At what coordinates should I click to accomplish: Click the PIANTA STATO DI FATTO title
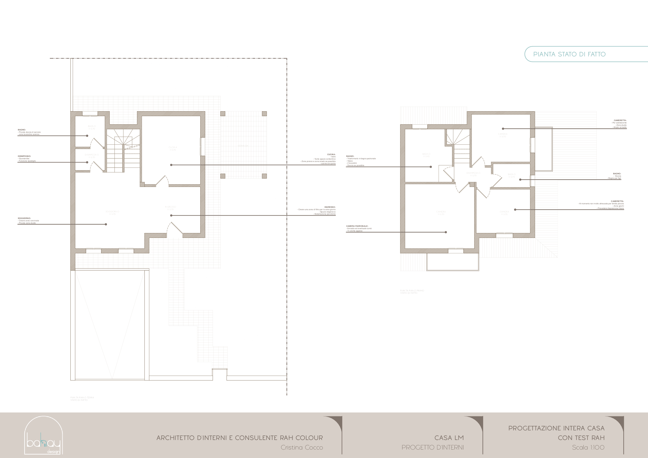click(569, 54)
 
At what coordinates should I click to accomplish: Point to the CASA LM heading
click(449, 438)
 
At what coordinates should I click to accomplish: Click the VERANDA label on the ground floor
click(243, 146)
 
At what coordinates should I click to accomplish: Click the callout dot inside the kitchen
click(171, 165)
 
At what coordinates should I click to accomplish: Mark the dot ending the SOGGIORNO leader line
click(106, 224)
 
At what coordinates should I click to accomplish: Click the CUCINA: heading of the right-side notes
click(331, 154)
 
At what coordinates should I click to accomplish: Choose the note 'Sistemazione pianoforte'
click(325, 214)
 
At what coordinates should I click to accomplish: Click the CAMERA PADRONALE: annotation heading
click(357, 226)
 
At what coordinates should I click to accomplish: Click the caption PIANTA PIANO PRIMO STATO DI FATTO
click(412, 292)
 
